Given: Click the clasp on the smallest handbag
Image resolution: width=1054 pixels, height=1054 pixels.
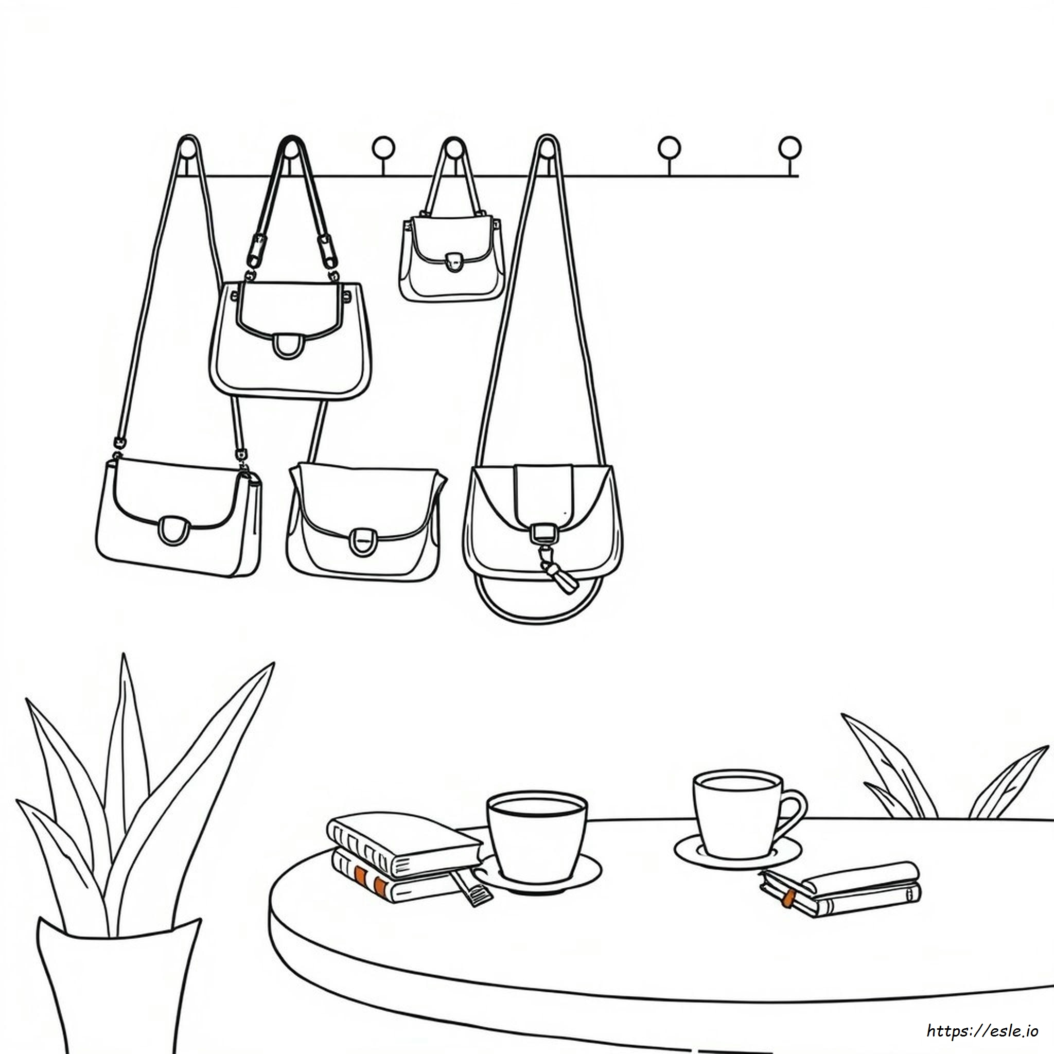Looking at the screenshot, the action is [x=452, y=262].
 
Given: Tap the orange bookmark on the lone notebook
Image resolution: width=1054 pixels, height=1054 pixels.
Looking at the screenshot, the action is [x=788, y=898].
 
